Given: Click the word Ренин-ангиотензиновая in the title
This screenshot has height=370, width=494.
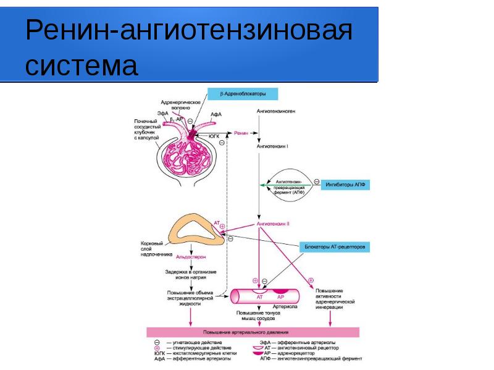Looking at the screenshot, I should point(188,31).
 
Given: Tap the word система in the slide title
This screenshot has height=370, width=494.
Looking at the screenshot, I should point(81,66).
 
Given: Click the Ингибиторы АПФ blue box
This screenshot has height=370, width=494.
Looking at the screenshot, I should point(345,185).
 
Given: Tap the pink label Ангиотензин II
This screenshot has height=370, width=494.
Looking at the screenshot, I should point(273,224).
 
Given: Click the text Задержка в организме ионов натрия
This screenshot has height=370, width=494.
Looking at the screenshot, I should point(190,275).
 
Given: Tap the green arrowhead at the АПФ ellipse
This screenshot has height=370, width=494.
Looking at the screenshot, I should point(262,185).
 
